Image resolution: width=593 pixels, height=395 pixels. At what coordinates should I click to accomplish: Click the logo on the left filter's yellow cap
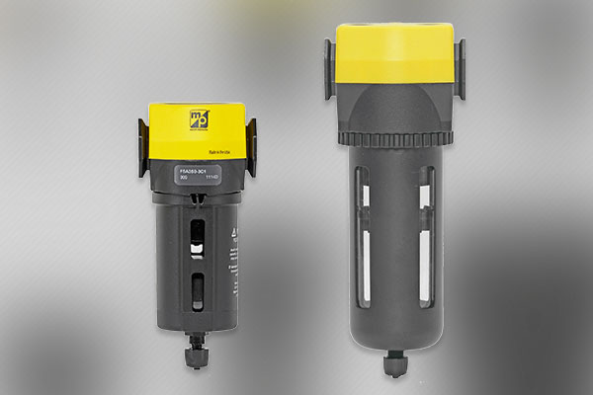196,119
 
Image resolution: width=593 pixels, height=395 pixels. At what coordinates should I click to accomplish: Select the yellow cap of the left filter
197,133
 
